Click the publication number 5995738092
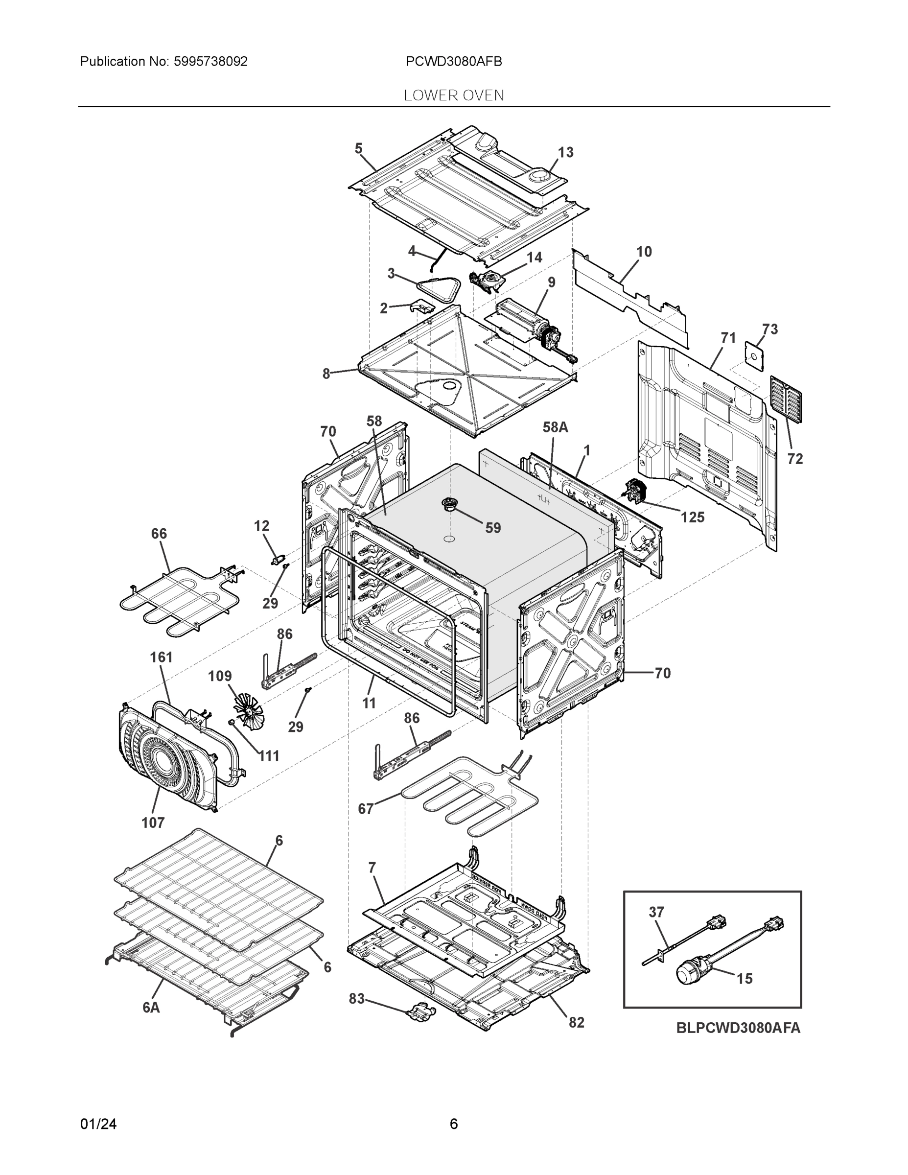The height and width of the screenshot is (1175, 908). (x=210, y=61)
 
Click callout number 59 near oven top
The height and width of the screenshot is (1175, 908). (x=493, y=528)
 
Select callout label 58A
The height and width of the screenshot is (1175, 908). (x=555, y=427)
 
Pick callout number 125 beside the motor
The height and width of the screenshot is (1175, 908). (x=692, y=517)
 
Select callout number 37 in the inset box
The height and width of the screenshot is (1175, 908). (x=656, y=912)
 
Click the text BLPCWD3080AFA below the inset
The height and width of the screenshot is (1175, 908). (x=738, y=1028)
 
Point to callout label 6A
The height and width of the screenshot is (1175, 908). (x=151, y=1007)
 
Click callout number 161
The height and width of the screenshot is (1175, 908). (x=162, y=657)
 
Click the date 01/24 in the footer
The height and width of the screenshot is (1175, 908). (x=98, y=1124)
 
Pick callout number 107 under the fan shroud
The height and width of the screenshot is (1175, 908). (x=153, y=822)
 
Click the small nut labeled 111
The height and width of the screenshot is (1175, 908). (x=232, y=722)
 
